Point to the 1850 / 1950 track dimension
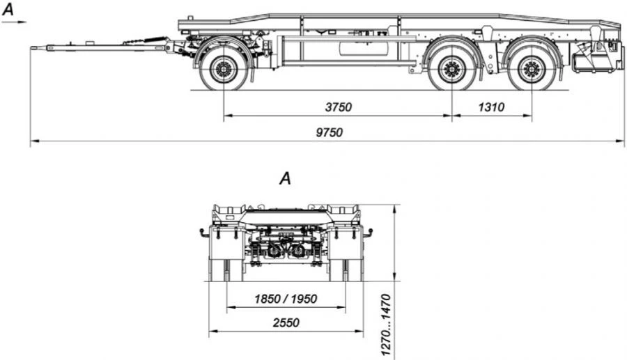coord(286,299)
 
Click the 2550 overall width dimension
coord(286,322)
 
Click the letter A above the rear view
coord(284,179)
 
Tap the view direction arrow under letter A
coord(15,22)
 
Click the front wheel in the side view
coord(224,69)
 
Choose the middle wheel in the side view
coord(451,69)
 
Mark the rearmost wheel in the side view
coord(532,69)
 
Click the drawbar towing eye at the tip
coord(34,47)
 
